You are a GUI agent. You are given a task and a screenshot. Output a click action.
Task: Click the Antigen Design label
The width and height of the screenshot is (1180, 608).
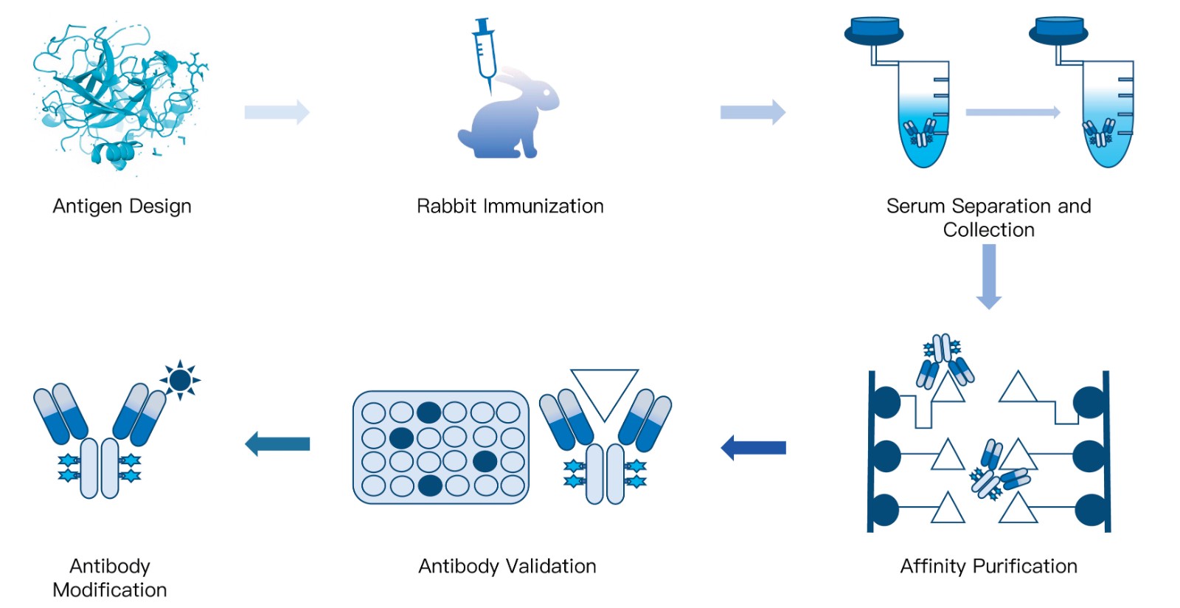pos(122,206)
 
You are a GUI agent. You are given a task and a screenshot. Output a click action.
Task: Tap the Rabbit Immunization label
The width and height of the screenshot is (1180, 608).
pos(510,206)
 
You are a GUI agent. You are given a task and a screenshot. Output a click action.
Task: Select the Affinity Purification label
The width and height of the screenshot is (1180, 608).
pos(988,567)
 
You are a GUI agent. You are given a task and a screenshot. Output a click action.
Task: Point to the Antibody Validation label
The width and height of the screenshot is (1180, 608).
pos(507,567)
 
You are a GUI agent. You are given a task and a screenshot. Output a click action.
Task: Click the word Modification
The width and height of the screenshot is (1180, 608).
pos(110,590)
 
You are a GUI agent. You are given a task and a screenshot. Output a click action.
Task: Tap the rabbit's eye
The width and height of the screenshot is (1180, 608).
pos(546,93)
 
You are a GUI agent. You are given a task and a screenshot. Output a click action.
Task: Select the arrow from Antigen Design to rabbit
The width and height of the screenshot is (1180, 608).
pos(277,111)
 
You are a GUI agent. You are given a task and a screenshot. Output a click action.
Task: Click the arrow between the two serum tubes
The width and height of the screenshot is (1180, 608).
pos(1013,111)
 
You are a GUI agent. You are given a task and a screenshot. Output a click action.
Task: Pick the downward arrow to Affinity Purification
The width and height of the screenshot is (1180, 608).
pos(989,277)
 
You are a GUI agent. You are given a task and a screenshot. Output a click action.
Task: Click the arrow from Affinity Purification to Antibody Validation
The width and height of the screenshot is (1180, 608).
pos(753,448)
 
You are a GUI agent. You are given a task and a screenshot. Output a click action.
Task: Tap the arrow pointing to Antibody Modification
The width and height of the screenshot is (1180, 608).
pos(277,443)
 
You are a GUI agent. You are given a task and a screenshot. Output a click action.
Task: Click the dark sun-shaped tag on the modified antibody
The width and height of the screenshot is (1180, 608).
pos(180,380)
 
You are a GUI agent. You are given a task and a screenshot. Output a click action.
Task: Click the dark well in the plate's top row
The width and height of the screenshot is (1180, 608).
pos(428,412)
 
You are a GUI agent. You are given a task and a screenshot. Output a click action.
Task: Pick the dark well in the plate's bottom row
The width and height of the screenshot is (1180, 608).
pos(430,486)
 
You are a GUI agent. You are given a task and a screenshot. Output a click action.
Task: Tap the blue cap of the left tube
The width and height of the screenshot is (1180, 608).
pos(874,30)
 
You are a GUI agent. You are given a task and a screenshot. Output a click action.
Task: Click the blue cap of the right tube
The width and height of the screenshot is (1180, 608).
pos(1058,30)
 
